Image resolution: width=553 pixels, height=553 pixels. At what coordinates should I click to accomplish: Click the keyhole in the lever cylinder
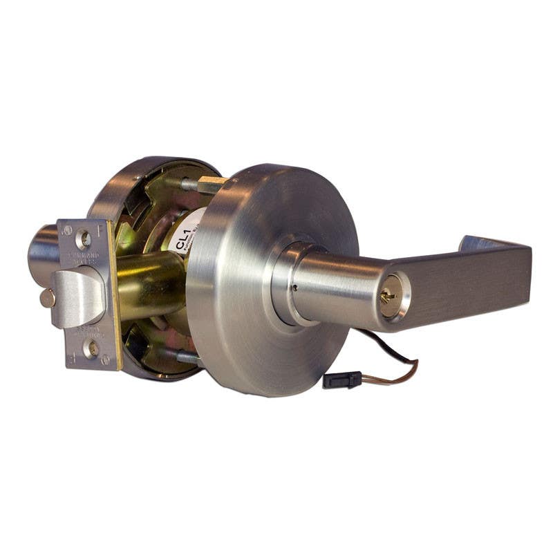point(389,297)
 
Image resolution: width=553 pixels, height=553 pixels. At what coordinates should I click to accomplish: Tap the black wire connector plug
point(341,379)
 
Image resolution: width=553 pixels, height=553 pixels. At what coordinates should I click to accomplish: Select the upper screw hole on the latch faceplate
point(85,240)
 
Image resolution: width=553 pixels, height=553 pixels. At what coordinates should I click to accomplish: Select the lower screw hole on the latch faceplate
point(91,349)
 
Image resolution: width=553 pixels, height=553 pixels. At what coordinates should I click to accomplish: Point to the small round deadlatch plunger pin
point(47,298)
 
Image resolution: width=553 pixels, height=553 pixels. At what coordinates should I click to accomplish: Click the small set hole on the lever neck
point(294,287)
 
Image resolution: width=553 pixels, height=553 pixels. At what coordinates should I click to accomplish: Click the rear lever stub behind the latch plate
point(43,253)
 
